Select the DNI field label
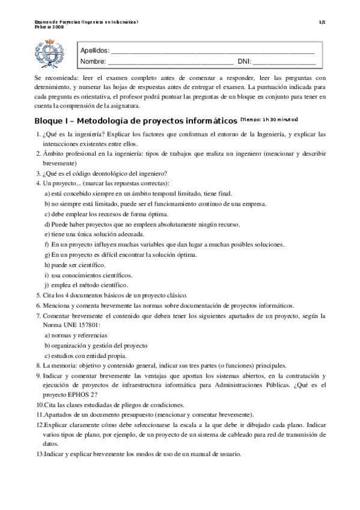[x=244, y=61]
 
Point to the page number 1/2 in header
[x=322, y=22]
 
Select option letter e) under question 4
[x=47, y=234]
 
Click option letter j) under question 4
[x=47, y=285]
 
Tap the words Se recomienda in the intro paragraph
[x=53, y=78]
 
